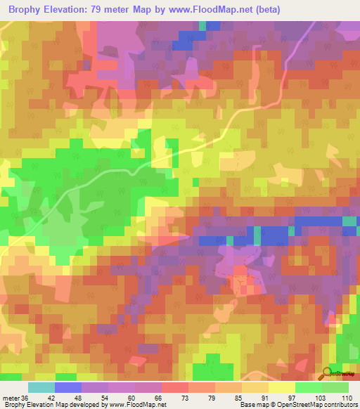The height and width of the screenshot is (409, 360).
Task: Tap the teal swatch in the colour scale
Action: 41,387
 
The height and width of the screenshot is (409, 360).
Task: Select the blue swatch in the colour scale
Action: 68,387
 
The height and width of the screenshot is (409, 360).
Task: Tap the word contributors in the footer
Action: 338,405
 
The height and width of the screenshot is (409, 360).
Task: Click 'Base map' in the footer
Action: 251,405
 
